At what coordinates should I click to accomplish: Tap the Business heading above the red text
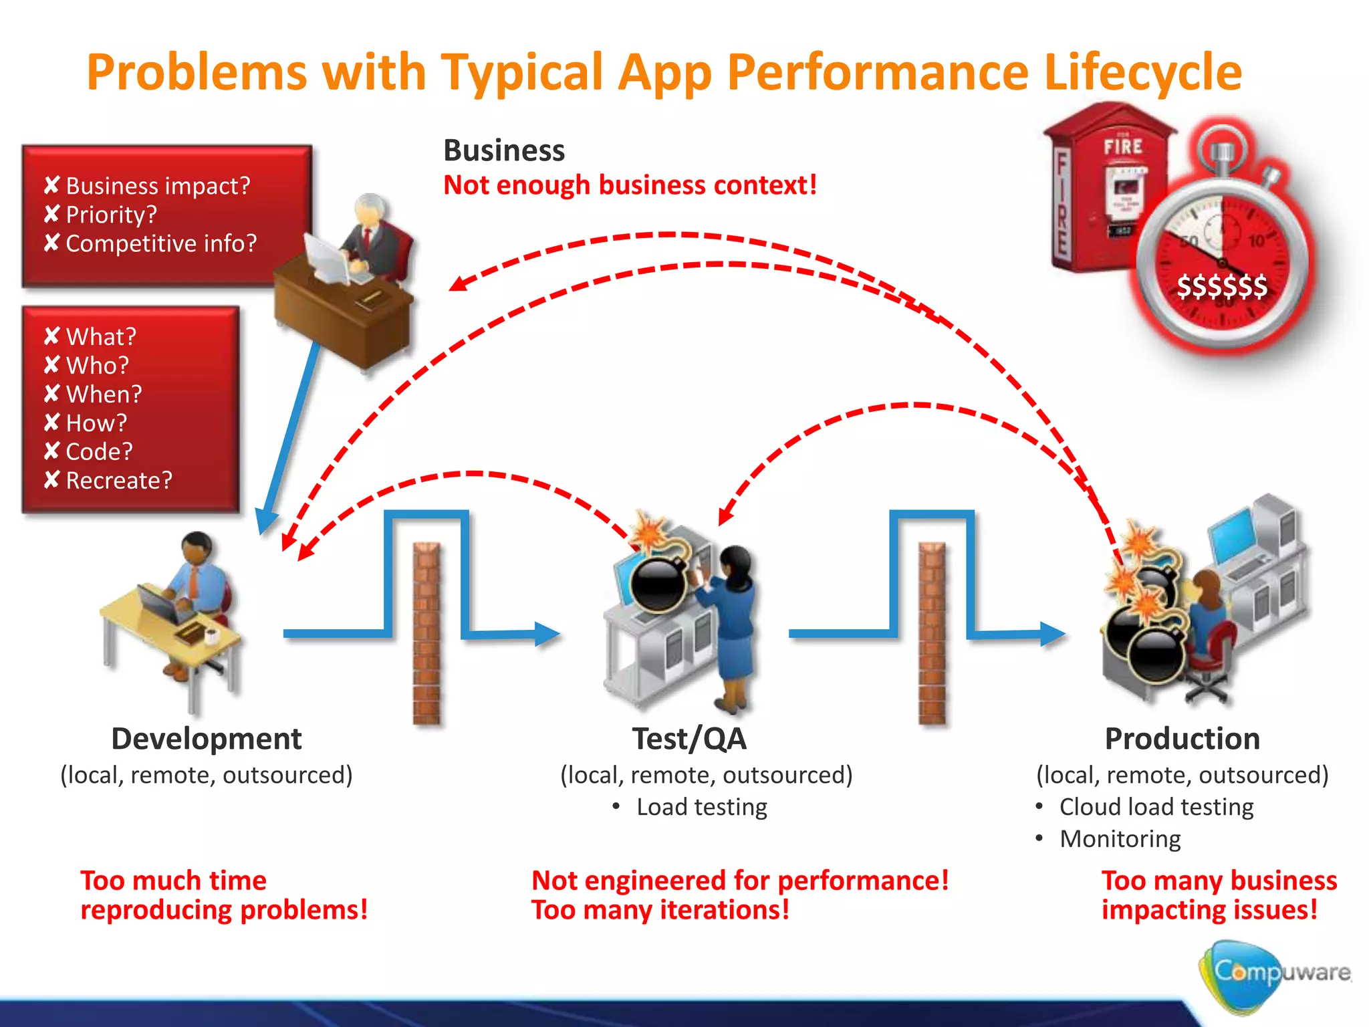(x=504, y=150)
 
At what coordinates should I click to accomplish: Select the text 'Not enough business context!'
(x=630, y=185)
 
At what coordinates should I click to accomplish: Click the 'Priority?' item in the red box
(x=111, y=215)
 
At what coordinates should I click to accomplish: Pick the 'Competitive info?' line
(x=160, y=243)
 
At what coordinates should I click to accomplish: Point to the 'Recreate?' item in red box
(x=118, y=480)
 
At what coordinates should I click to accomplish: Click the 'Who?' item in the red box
(x=97, y=365)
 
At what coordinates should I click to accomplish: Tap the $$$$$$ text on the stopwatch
(x=1221, y=286)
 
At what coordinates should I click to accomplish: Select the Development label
(x=206, y=739)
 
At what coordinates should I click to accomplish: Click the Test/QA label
(x=689, y=739)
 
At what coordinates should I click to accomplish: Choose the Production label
(x=1182, y=739)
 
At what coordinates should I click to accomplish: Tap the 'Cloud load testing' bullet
(x=1156, y=807)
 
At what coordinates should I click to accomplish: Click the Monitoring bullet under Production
(x=1120, y=839)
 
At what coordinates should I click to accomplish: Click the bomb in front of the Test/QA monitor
(x=658, y=583)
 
